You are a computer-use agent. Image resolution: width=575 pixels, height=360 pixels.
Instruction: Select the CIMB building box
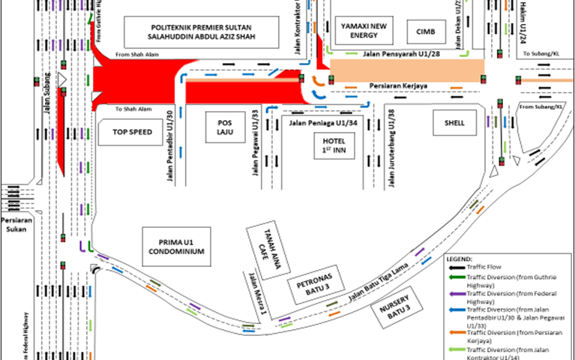(x=420, y=31)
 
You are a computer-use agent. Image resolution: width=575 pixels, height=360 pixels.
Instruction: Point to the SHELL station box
(x=454, y=123)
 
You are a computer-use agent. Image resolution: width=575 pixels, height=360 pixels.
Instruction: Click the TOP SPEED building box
(x=132, y=132)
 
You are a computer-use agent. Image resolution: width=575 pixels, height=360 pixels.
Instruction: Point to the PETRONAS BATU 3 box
(x=316, y=289)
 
